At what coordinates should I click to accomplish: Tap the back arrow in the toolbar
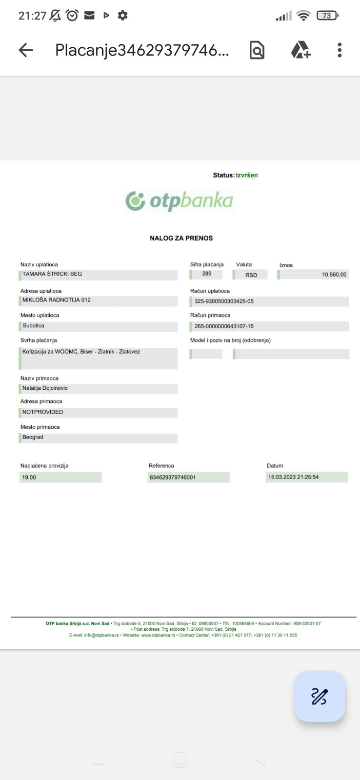[x=26, y=50]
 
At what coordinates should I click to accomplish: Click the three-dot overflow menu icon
[x=340, y=50]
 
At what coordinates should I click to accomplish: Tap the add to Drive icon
[x=300, y=50]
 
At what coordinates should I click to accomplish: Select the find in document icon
[x=257, y=50]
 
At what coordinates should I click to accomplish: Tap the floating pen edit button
[x=320, y=696]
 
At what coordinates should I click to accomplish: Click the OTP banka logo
[x=180, y=201]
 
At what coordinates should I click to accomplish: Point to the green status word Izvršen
[x=247, y=175]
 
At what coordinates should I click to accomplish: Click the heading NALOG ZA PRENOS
[x=181, y=238]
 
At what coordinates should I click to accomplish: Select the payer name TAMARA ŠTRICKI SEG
[x=52, y=274]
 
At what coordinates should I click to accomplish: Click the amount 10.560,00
[x=334, y=275]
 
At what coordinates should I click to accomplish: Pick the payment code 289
[x=207, y=274]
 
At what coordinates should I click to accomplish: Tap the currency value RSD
[x=251, y=275]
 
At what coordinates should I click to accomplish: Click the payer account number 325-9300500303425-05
[x=224, y=301]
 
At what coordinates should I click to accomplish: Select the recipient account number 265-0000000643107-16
[x=224, y=326]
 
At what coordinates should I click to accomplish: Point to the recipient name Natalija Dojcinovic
[x=45, y=388]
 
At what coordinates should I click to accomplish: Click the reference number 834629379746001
[x=173, y=478]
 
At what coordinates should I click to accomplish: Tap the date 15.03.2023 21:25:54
[x=293, y=477]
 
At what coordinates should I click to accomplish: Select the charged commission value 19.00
[x=29, y=478]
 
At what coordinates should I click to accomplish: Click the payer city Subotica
[x=33, y=326]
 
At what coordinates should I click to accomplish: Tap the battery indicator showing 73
[x=327, y=16]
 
